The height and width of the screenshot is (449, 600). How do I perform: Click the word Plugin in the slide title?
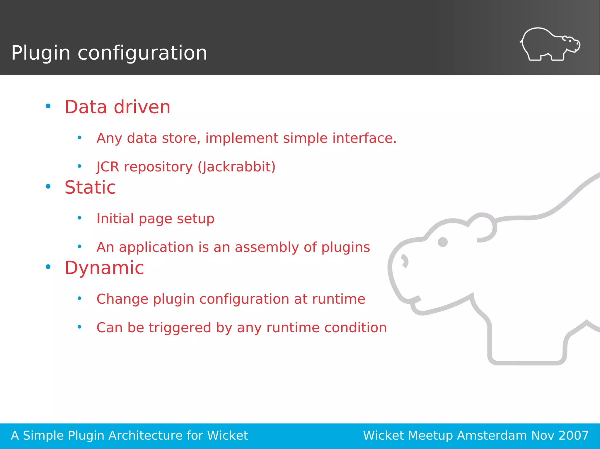tap(41, 53)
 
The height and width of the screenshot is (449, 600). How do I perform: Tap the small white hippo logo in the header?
tap(550, 44)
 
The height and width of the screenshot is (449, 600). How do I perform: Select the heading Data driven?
tap(117, 107)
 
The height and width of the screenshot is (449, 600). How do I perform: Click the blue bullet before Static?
tap(48, 186)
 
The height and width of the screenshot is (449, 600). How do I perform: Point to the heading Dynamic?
tap(104, 268)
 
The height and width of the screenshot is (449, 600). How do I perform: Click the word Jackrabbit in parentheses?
tap(237, 167)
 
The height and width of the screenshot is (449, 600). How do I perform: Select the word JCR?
tap(108, 167)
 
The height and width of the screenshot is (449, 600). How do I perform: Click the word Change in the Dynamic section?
tap(122, 299)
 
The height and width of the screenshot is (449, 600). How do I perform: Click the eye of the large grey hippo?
tap(442, 242)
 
